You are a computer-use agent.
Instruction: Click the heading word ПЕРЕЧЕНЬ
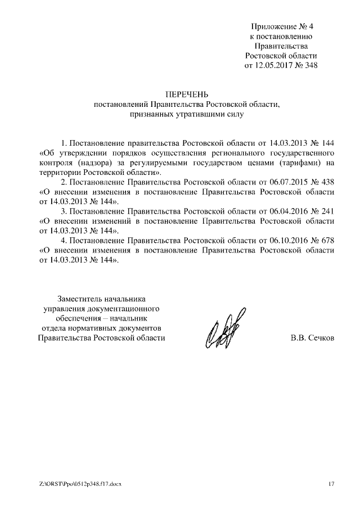click(186, 94)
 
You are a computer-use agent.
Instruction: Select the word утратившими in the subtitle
click(195, 114)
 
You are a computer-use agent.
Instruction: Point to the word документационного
click(126, 308)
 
